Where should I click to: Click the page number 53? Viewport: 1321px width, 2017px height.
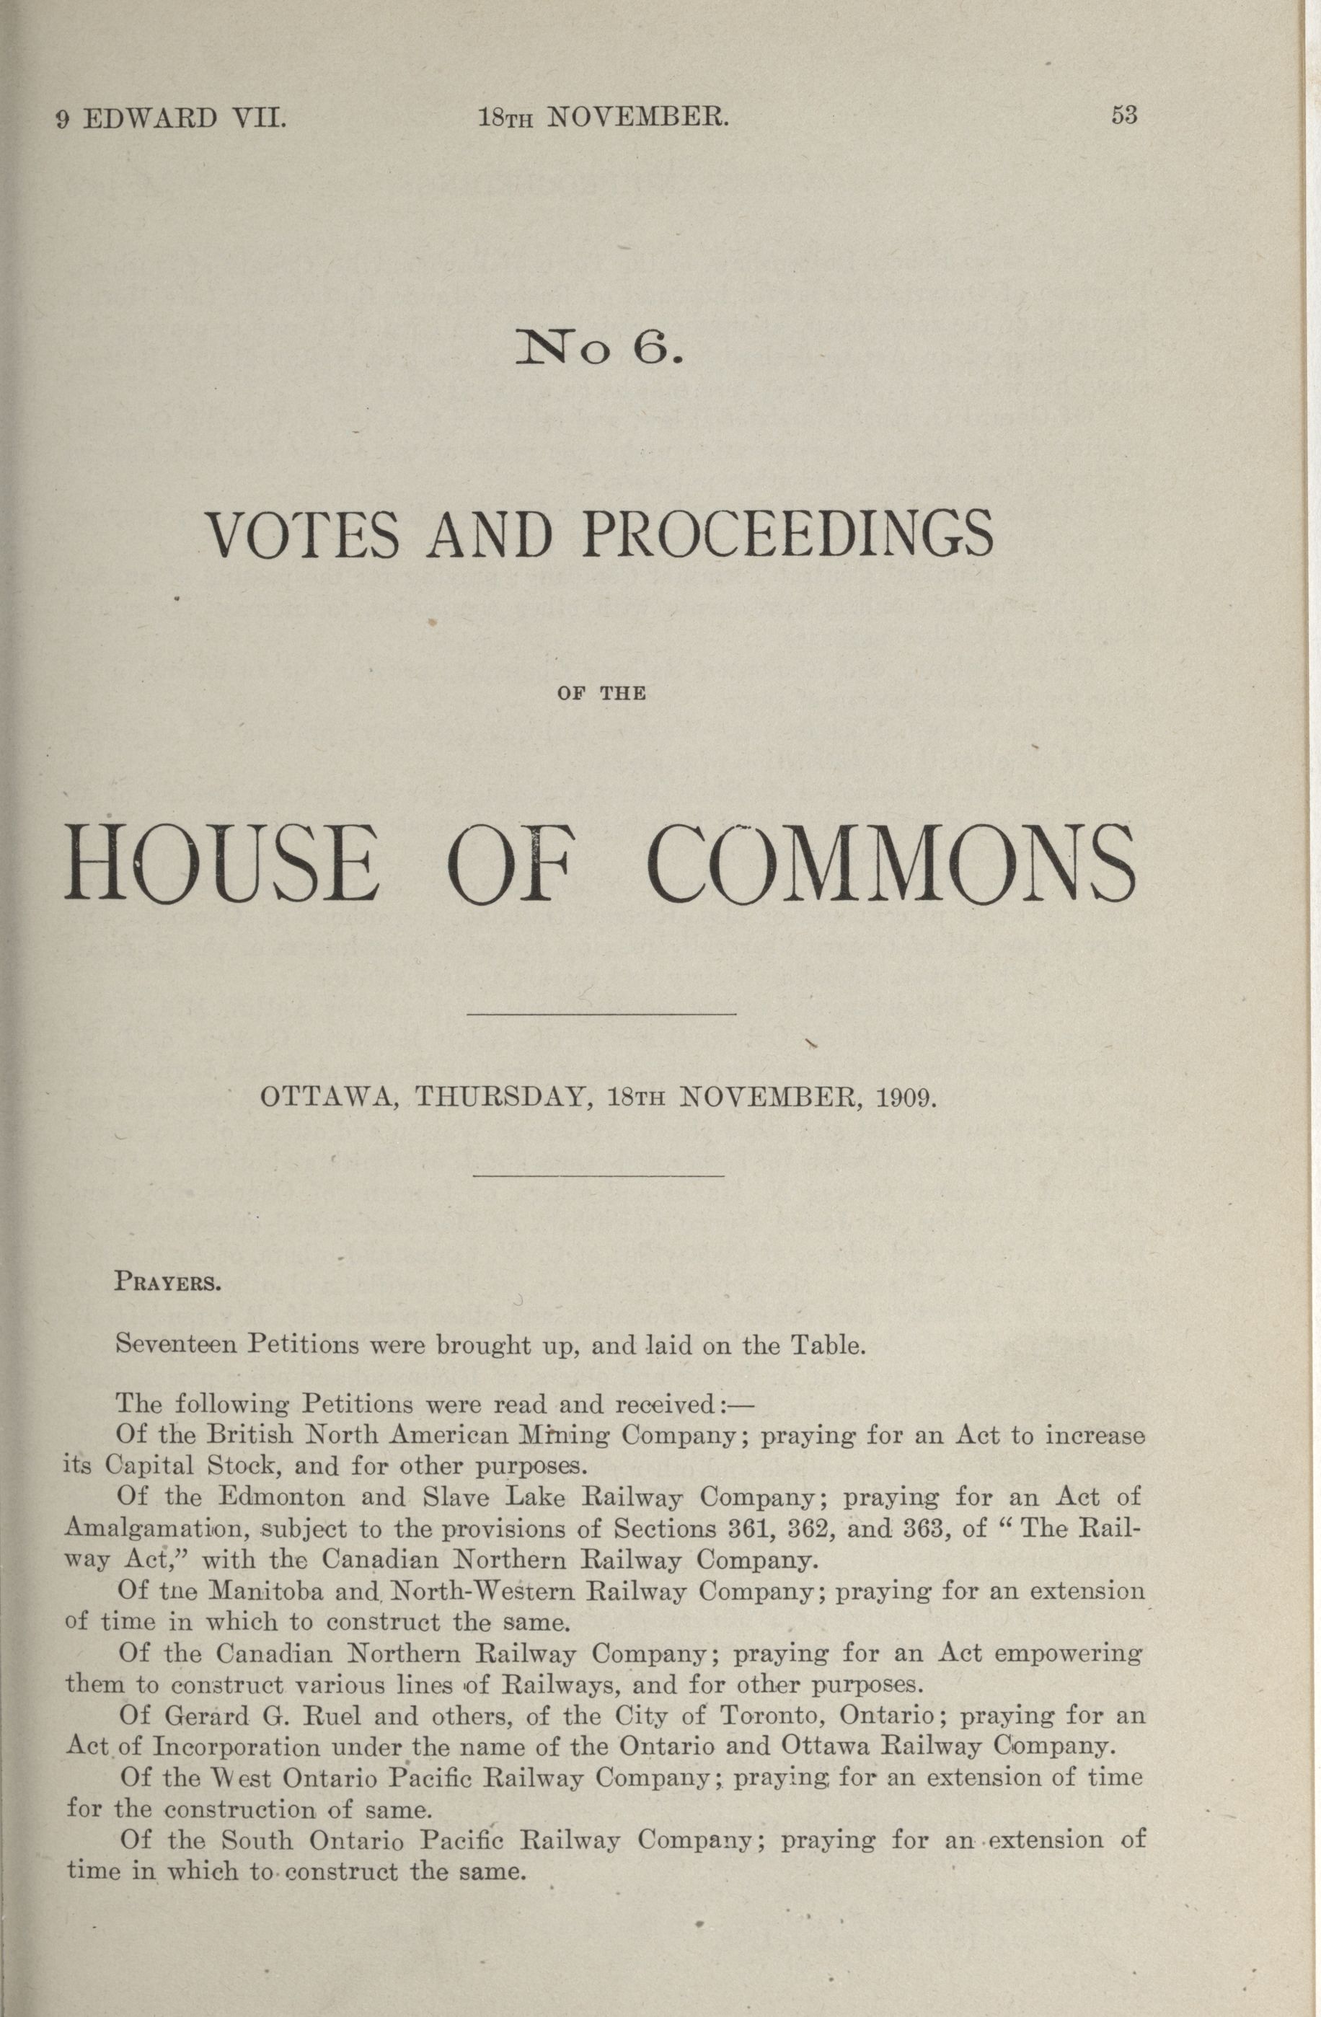click(1123, 116)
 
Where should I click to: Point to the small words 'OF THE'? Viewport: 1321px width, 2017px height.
click(601, 694)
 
